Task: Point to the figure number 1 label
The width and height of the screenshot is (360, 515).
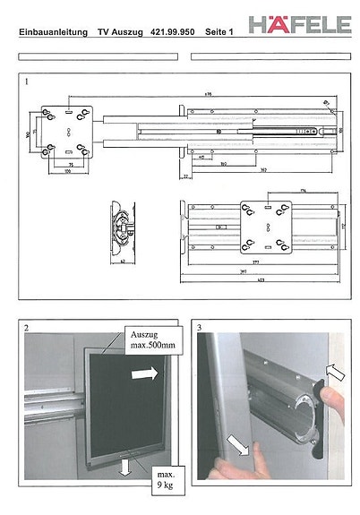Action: (x=27, y=82)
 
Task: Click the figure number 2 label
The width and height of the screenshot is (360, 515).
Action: (x=27, y=328)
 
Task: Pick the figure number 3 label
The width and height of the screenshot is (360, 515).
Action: (x=199, y=328)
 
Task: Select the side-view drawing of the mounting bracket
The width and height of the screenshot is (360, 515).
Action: (x=122, y=224)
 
